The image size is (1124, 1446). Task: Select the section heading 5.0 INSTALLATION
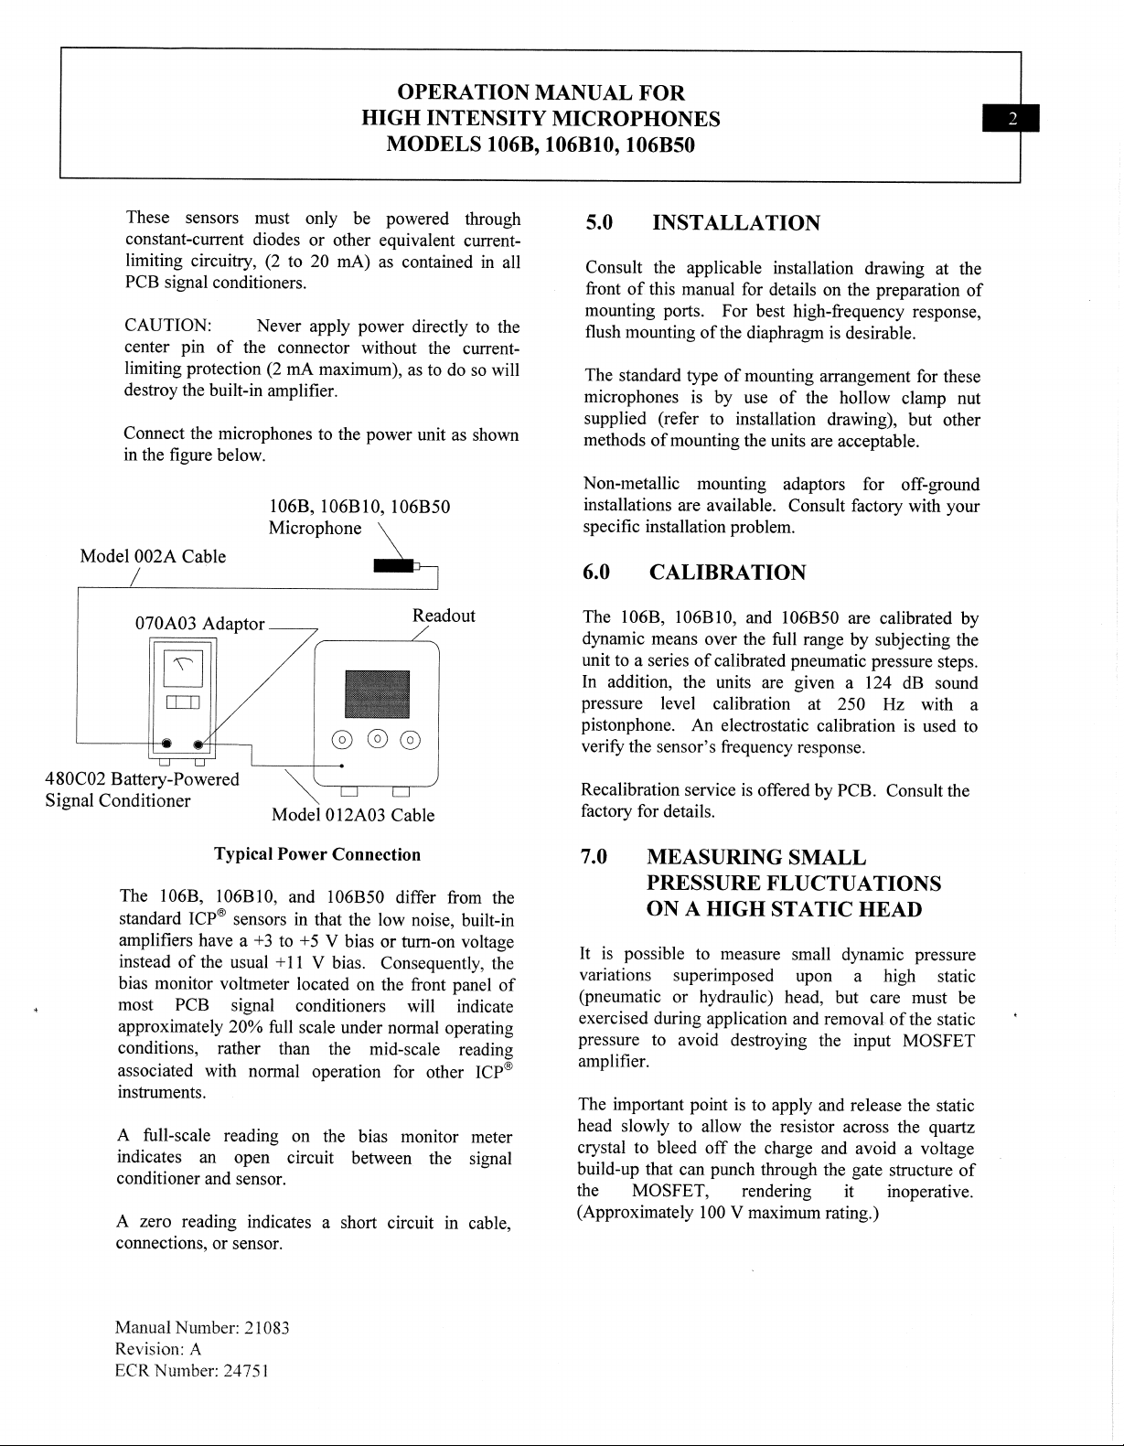click(702, 223)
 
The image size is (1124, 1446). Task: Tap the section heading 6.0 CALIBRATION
click(695, 573)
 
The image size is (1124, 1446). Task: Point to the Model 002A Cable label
click(153, 556)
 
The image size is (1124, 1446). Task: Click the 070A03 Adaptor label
click(199, 624)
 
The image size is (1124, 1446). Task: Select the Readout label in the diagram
click(444, 616)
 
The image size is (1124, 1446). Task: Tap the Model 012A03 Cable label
click(353, 815)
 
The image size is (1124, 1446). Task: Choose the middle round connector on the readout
click(376, 740)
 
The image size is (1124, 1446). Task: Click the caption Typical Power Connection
click(317, 854)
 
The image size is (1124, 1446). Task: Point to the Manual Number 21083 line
click(202, 1328)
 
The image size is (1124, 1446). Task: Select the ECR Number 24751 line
click(192, 1370)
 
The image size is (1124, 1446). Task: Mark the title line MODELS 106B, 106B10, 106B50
click(541, 145)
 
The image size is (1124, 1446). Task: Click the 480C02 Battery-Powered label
click(143, 779)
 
